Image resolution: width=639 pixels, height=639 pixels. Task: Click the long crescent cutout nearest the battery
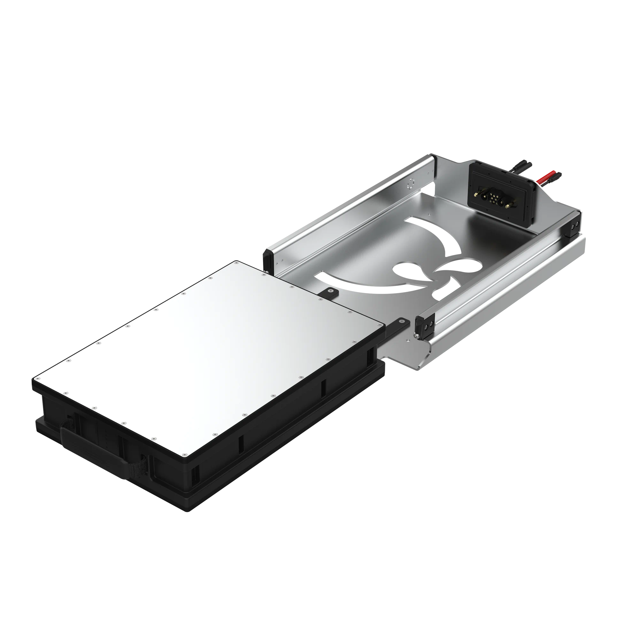[357, 284]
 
